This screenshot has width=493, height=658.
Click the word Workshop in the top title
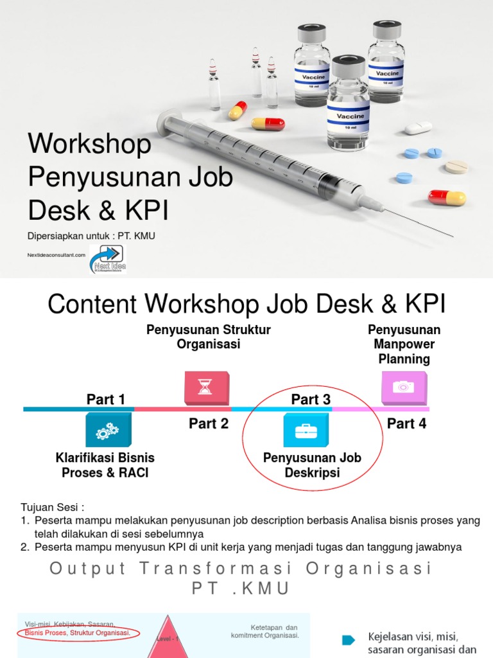[x=89, y=145]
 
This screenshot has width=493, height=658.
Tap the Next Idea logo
[x=108, y=258]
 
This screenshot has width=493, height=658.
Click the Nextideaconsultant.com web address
[x=56, y=255]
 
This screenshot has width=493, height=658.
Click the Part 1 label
[x=106, y=400]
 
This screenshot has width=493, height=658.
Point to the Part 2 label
[x=209, y=424]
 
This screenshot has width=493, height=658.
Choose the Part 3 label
[x=311, y=400]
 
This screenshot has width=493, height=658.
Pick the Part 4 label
[x=406, y=424]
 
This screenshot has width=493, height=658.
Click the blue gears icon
[x=108, y=431]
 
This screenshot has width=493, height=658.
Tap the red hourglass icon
[x=206, y=387]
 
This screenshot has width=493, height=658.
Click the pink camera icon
[x=403, y=387]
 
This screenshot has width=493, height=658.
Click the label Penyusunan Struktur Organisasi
[x=209, y=337]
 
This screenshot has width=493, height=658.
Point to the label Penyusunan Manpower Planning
[x=404, y=344]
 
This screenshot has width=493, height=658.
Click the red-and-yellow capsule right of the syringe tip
[x=447, y=197]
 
